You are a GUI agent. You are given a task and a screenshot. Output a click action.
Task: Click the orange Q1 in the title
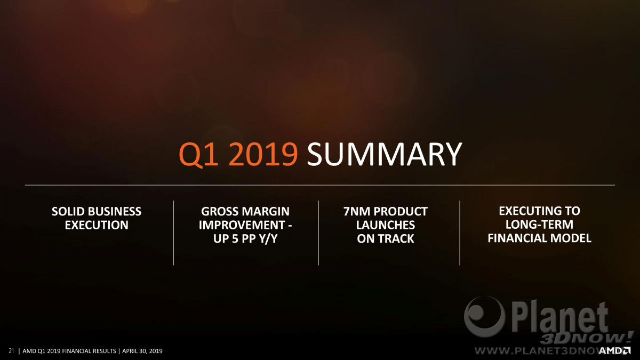pyautogui.click(x=198, y=155)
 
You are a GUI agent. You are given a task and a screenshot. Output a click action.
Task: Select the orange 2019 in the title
pyautogui.click(x=263, y=154)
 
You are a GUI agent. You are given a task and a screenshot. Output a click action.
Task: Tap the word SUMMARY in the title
pyautogui.click(x=385, y=154)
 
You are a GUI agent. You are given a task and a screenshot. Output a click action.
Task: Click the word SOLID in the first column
pyautogui.click(x=69, y=211)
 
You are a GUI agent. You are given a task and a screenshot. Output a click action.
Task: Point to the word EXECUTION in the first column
pyautogui.click(x=97, y=225)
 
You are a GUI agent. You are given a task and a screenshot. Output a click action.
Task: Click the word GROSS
pyautogui.click(x=218, y=211)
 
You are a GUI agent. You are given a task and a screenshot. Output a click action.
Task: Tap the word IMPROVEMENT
pyautogui.click(x=242, y=225)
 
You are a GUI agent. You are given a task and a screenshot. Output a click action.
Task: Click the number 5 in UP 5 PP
pyautogui.click(x=235, y=238)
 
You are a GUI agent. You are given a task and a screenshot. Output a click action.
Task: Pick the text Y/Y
pyautogui.click(x=268, y=239)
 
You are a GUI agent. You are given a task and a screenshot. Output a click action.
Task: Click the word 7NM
pyautogui.click(x=357, y=211)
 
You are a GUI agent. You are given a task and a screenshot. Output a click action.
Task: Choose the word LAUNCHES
pyautogui.click(x=386, y=225)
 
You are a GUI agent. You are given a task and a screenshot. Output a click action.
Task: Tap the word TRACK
pyautogui.click(x=397, y=238)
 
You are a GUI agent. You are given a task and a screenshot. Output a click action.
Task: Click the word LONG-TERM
pyautogui.click(x=539, y=225)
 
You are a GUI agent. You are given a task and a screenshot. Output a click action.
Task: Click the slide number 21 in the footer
pyautogui.click(x=11, y=351)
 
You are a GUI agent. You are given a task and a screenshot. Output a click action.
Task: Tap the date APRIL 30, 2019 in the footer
pyautogui.click(x=142, y=351)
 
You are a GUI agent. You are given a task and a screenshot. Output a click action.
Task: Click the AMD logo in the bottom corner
pyautogui.click(x=614, y=350)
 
